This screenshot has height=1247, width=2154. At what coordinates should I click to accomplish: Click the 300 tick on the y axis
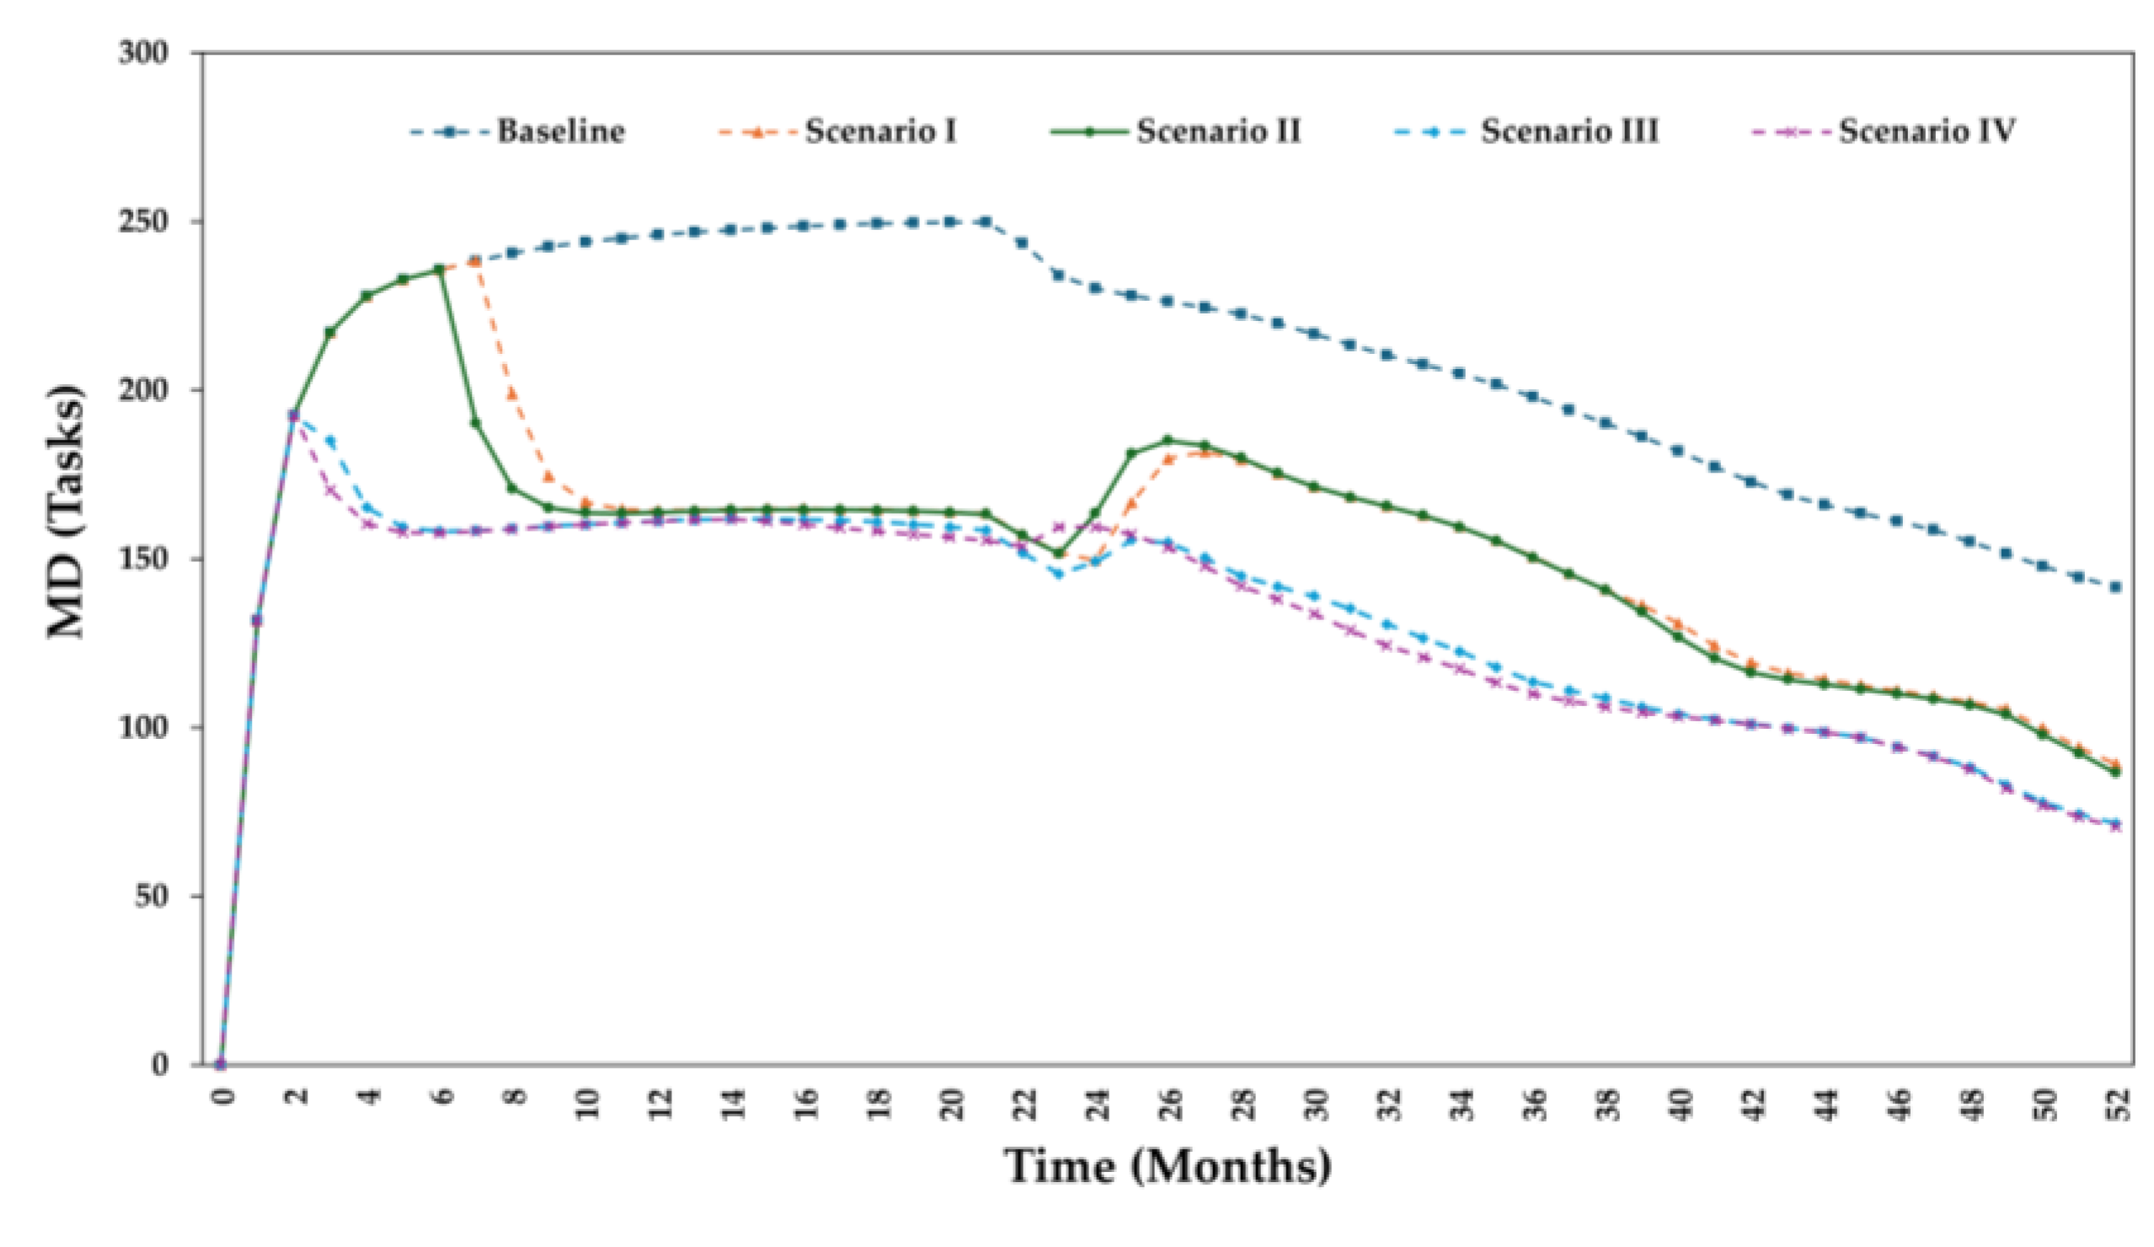[x=142, y=53]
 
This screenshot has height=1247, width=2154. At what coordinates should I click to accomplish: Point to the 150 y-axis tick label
[x=142, y=559]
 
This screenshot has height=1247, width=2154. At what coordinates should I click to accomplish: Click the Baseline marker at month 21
[x=986, y=222]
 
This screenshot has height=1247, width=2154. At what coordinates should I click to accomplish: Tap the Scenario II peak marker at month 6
[x=440, y=270]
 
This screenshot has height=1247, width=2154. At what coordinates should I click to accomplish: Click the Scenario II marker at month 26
[x=1168, y=440]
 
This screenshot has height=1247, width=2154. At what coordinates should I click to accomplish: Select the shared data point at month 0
[x=221, y=1064]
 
